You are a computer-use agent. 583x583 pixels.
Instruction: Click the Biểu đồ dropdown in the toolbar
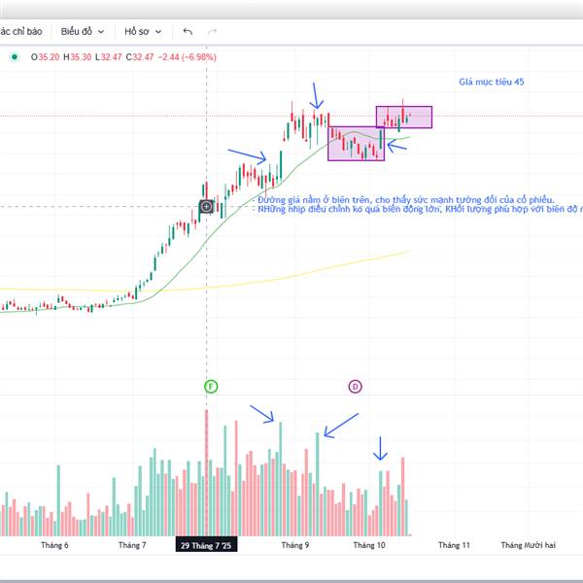[x=82, y=30]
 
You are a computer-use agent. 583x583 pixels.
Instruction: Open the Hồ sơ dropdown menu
[x=144, y=30]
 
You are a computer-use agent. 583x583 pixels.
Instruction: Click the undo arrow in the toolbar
[x=188, y=31]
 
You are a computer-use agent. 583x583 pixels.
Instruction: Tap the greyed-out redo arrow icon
[x=212, y=31]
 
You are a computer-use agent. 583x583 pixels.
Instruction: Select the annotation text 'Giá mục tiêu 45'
[x=491, y=83]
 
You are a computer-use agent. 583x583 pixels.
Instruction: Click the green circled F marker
[x=211, y=387]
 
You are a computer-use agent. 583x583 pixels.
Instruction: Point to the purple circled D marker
[x=355, y=387]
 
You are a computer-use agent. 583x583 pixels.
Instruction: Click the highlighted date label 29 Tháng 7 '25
[x=206, y=546]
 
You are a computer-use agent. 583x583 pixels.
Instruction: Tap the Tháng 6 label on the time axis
[x=54, y=546]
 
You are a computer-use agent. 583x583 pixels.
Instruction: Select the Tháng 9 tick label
[x=294, y=546]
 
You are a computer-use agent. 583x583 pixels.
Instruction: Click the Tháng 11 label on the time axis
[x=453, y=546]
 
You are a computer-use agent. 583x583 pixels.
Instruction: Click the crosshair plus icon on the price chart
[x=207, y=206]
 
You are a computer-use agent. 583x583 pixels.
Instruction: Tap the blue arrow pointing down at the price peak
[x=316, y=96]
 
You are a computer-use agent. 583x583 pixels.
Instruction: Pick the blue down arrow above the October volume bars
[x=381, y=448]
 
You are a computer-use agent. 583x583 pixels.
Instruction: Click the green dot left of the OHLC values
[x=15, y=57]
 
